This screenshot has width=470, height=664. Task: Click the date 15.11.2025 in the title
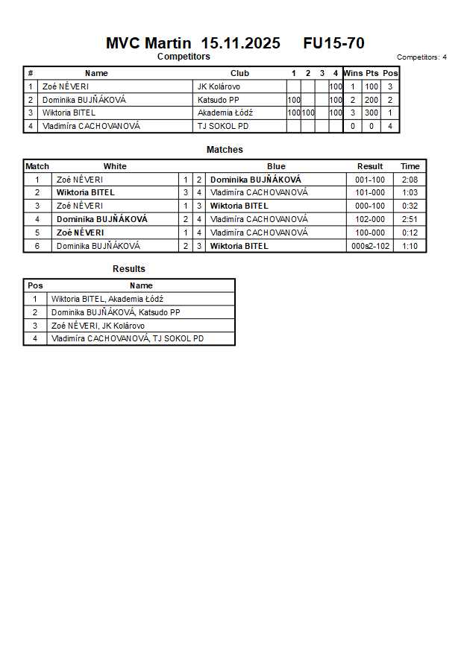(x=240, y=43)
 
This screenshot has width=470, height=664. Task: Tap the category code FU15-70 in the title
(x=333, y=43)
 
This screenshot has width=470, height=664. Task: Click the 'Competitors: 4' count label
(x=422, y=57)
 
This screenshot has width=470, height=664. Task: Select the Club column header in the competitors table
(x=239, y=73)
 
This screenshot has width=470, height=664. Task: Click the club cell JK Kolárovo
(x=219, y=86)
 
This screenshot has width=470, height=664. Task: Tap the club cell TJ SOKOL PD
(x=222, y=127)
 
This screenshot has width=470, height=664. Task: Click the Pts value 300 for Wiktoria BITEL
(x=372, y=113)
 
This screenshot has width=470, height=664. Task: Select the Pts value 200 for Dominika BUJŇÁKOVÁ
(x=372, y=100)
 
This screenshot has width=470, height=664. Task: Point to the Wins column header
(x=353, y=73)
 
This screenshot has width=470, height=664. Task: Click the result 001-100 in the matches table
(x=369, y=180)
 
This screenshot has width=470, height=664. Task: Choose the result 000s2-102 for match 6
(x=370, y=246)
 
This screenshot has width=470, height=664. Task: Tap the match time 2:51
(x=410, y=219)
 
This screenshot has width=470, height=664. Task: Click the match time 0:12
(x=410, y=233)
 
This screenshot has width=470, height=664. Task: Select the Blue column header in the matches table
(x=276, y=166)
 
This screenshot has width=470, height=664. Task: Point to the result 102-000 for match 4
(x=369, y=219)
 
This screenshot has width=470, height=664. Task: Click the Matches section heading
(x=225, y=150)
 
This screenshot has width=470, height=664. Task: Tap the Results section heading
(x=129, y=269)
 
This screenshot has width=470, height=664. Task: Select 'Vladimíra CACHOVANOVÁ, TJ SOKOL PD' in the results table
(x=128, y=338)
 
